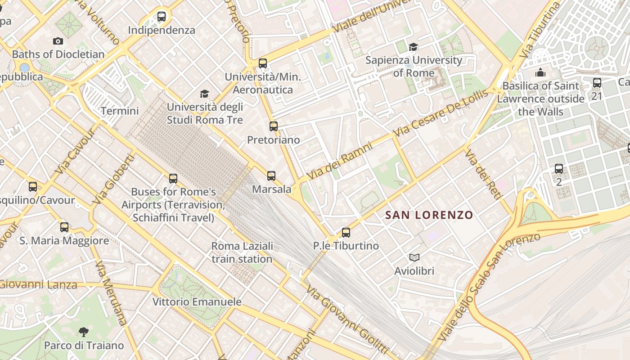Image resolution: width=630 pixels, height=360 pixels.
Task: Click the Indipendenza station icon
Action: click(x=162, y=17)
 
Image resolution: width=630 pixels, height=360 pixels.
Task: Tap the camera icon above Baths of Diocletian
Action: click(x=58, y=41)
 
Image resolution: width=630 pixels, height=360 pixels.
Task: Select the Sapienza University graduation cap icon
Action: click(x=413, y=47)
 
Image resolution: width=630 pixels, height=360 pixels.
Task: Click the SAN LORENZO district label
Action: click(x=429, y=215)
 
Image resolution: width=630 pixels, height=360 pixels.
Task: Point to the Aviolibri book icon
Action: click(x=414, y=257)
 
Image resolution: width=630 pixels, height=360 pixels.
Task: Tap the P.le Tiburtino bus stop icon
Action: click(x=346, y=233)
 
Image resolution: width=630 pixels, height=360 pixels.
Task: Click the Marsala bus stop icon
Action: click(x=271, y=175)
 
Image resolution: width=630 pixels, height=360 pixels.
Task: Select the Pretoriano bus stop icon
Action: click(x=273, y=126)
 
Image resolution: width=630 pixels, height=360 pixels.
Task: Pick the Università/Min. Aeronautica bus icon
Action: click(x=263, y=63)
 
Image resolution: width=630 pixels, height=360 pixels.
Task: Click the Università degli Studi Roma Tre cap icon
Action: click(x=205, y=94)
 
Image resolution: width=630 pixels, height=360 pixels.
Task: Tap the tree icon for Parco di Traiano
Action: click(x=83, y=332)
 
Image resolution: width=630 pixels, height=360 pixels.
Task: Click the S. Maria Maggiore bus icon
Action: click(x=64, y=227)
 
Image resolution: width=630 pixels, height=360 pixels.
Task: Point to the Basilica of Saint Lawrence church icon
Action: click(x=540, y=72)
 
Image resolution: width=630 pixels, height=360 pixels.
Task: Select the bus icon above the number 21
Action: click(x=597, y=83)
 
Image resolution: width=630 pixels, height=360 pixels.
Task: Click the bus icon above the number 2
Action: click(x=558, y=169)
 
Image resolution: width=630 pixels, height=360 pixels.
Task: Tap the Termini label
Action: click(x=120, y=111)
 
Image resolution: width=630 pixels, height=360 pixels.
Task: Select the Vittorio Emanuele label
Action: click(x=197, y=301)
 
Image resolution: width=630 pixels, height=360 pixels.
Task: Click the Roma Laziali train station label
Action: click(x=242, y=252)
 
